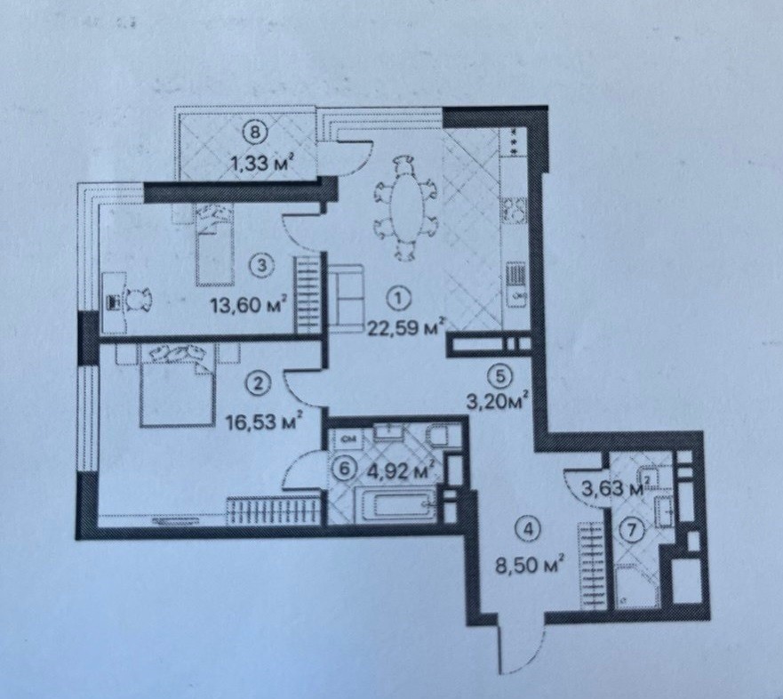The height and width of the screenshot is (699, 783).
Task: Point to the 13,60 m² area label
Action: (x=249, y=303)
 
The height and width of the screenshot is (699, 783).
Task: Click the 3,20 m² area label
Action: (x=498, y=401)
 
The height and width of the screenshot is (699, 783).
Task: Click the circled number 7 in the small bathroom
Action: (x=632, y=530)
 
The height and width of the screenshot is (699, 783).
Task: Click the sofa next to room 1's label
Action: (x=345, y=298)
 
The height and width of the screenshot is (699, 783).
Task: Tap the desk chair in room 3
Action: (x=139, y=301)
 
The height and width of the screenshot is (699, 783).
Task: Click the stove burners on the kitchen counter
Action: (x=515, y=211)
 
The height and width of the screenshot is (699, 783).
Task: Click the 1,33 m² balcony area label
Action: (x=260, y=163)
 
